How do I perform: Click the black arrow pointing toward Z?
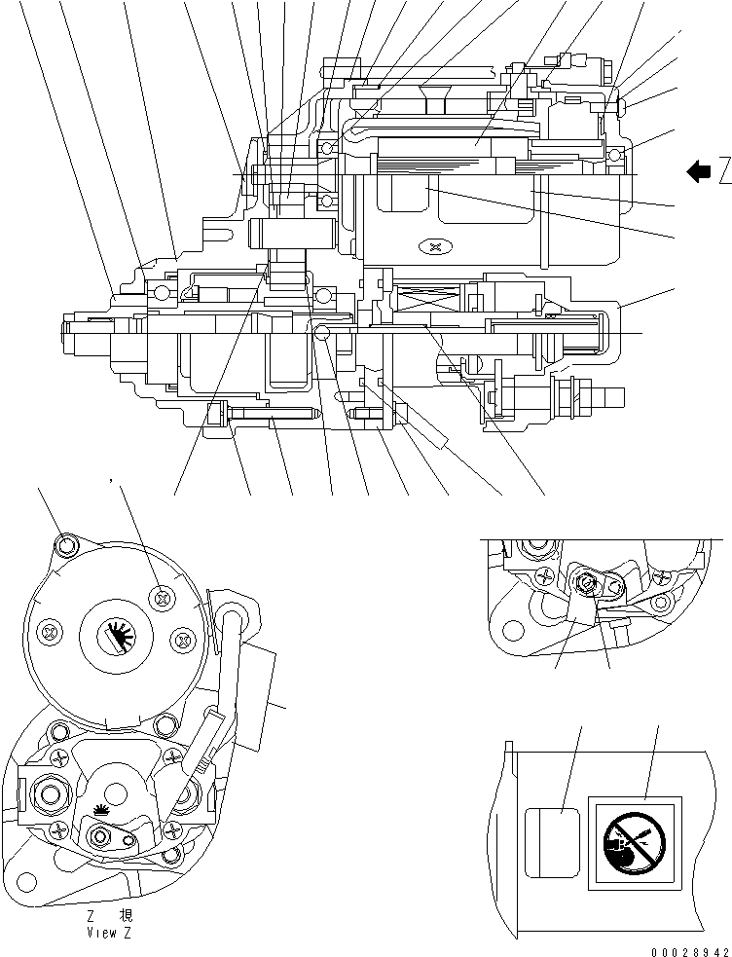point(698,172)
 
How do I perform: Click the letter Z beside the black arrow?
point(724,172)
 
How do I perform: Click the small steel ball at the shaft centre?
point(321,335)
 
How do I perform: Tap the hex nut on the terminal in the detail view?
point(587,582)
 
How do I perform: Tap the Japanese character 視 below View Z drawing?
point(126,916)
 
